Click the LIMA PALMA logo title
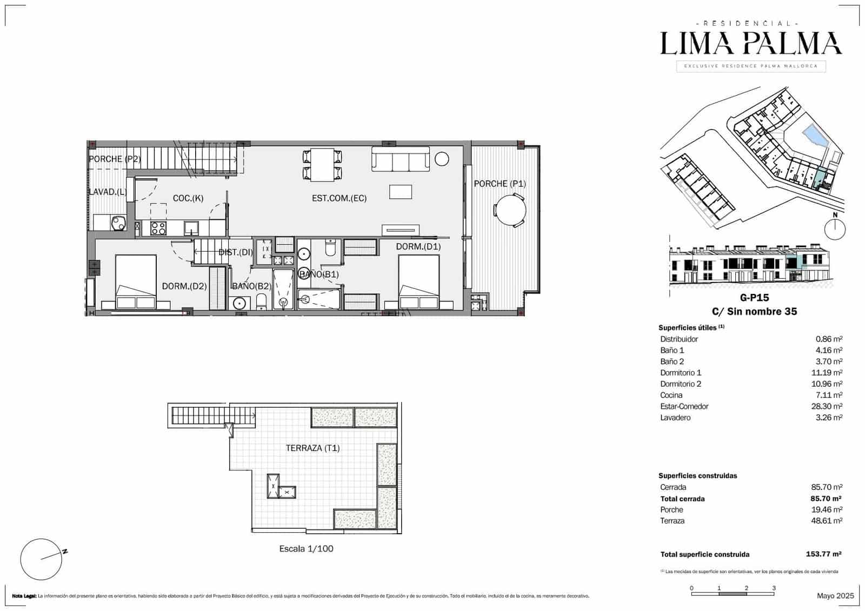click(x=750, y=44)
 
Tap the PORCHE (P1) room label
click(x=500, y=184)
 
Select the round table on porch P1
click(x=510, y=210)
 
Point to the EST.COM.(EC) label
click(x=339, y=198)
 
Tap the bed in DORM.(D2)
click(x=136, y=281)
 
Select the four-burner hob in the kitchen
click(x=158, y=228)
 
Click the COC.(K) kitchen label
click(x=188, y=198)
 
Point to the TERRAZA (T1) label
click(x=312, y=448)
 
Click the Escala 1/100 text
click(x=306, y=548)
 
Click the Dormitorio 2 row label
click(x=681, y=384)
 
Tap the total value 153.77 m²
click(x=823, y=554)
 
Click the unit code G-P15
click(x=754, y=297)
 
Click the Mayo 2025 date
click(x=835, y=595)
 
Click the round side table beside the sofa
click(x=442, y=159)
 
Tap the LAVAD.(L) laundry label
click(x=108, y=192)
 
